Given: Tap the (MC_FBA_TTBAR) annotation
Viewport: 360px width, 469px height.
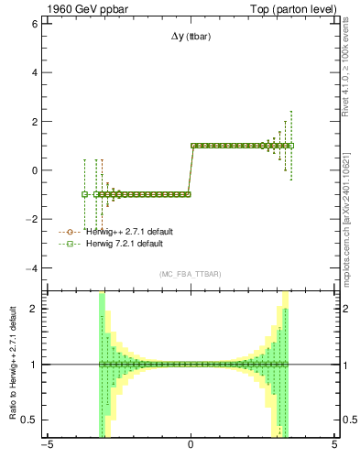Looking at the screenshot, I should point(191,275).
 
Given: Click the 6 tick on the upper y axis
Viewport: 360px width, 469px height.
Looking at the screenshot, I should point(35,24).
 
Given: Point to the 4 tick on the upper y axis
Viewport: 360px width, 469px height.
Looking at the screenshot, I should point(35,72).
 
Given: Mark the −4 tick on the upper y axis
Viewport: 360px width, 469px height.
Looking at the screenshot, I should point(33,268).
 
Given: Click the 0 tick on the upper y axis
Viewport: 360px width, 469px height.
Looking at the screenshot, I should point(35,170).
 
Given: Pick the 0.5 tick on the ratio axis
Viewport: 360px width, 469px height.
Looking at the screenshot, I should point(31,420).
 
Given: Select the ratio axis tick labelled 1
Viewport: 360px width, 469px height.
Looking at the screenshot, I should point(35,365).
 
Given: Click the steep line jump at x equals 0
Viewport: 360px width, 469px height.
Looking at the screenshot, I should point(190,169).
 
